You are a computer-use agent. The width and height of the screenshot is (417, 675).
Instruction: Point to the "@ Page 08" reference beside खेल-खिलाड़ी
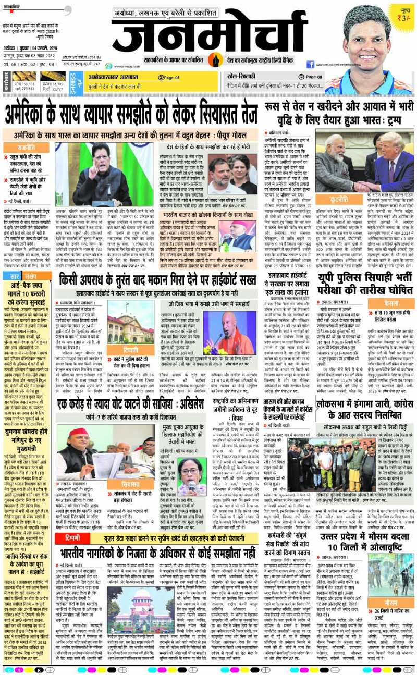[x=313, y=77]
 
